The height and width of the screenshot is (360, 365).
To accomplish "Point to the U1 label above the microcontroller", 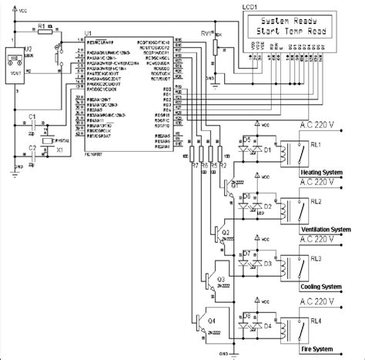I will (87, 34).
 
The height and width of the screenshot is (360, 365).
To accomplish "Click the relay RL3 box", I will (294, 267).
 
